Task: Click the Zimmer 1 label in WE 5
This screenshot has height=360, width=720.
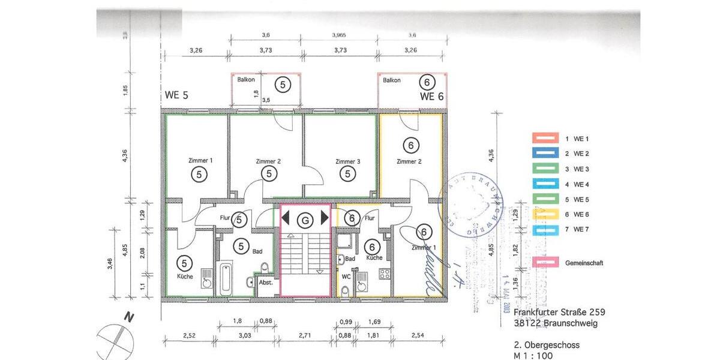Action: coord(200,161)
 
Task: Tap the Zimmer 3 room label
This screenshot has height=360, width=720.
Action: coord(348,161)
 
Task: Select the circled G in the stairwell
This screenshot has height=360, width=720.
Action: coord(306,220)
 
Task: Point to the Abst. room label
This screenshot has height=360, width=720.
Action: coord(266,283)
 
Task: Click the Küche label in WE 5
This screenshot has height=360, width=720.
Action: coord(185,277)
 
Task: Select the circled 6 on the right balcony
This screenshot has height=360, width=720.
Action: coord(427,83)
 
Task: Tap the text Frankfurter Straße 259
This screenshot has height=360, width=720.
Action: coord(559,312)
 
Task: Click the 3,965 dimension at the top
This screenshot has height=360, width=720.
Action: coord(341,35)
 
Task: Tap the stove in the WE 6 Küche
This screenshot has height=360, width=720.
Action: coord(383,273)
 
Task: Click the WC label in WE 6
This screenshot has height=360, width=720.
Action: coord(346,277)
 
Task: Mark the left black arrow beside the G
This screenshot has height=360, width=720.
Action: coord(286,217)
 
